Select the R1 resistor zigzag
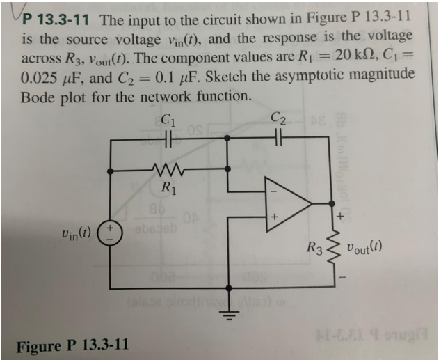168,169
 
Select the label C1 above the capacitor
167,119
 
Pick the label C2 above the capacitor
278,119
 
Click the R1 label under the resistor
168,187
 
